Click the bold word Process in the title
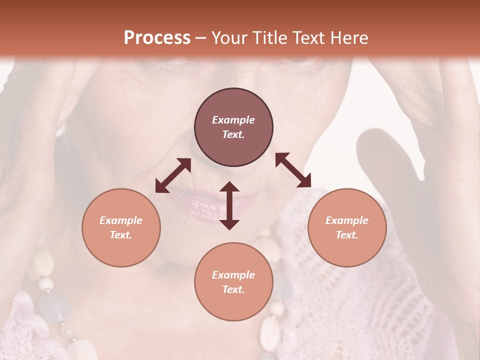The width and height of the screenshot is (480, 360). (x=157, y=38)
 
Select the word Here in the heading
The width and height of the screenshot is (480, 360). (x=349, y=38)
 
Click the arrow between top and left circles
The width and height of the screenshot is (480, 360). (x=173, y=175)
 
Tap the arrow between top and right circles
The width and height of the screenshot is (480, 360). (x=293, y=170)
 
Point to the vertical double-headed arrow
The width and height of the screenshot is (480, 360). (x=229, y=205)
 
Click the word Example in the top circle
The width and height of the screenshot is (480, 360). (x=233, y=120)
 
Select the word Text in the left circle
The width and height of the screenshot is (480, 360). (x=120, y=235)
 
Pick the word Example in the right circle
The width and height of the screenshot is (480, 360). (x=347, y=220)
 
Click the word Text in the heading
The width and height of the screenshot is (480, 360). (x=310, y=38)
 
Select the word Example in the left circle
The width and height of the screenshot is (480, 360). (x=121, y=220)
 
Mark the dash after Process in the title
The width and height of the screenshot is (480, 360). (x=201, y=38)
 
